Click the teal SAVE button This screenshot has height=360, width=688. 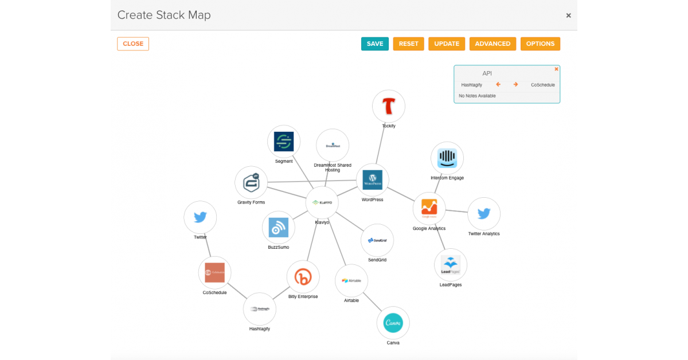pyautogui.click(x=375, y=44)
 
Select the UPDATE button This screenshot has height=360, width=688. pyautogui.click(x=447, y=44)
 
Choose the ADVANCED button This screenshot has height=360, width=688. pyautogui.click(x=492, y=44)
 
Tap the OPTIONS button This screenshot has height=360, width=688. pyautogui.click(x=540, y=44)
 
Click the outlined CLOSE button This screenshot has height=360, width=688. pyautogui.click(x=133, y=44)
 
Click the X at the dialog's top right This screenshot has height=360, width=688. pyautogui.click(x=568, y=15)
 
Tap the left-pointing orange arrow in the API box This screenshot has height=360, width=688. pyautogui.click(x=498, y=85)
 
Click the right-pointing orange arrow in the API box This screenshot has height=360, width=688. pyautogui.click(x=515, y=85)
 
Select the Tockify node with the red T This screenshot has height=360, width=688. pyautogui.click(x=389, y=107)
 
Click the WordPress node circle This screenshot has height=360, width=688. pyautogui.click(x=373, y=180)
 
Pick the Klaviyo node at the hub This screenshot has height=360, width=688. pyautogui.click(x=322, y=202)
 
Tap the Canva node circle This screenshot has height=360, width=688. pyautogui.click(x=393, y=323)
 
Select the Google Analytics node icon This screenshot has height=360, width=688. pyautogui.click(x=429, y=208)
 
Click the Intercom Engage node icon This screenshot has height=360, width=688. pyautogui.click(x=447, y=158)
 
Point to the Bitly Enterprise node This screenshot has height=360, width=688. pyautogui.click(x=303, y=277)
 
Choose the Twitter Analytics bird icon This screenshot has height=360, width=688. pyautogui.click(x=484, y=214)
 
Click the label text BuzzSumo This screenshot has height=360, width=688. pyautogui.click(x=279, y=248)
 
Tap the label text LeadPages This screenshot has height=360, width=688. pyautogui.click(x=451, y=285)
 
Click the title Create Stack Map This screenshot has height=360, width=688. pyautogui.click(x=164, y=15)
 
